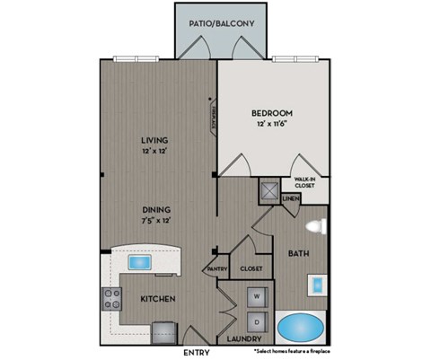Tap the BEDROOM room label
(271, 112)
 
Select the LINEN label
(290, 198)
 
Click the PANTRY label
(215, 268)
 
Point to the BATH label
(299, 254)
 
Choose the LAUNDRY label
(245, 339)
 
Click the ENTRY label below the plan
(197, 353)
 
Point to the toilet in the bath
(315, 225)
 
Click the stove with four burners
(112, 298)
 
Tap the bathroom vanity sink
(320, 284)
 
